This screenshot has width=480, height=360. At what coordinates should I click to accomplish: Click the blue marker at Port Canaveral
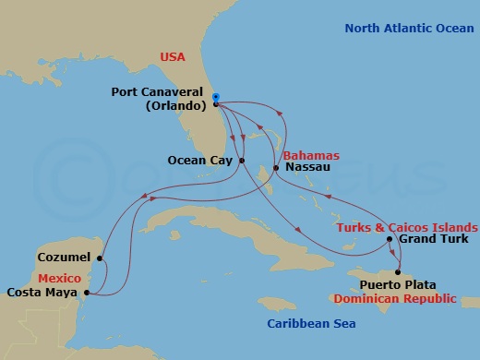pyautogui.click(x=214, y=96)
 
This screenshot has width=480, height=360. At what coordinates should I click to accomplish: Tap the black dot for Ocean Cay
pyautogui.click(x=242, y=161)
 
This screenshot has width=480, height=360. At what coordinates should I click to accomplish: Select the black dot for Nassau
pyautogui.click(x=276, y=168)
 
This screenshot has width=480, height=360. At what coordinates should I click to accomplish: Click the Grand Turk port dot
pyautogui.click(x=390, y=240)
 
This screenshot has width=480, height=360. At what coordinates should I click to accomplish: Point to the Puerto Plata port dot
pyautogui.click(x=399, y=272)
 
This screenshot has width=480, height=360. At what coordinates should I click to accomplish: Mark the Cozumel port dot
pyautogui.click(x=100, y=258)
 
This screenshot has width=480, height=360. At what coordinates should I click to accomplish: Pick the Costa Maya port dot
pyautogui.click(x=86, y=293)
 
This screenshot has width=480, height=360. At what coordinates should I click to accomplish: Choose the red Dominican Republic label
pyautogui.click(x=407, y=298)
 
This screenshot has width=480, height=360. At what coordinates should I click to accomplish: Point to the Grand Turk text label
pyautogui.click(x=432, y=240)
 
